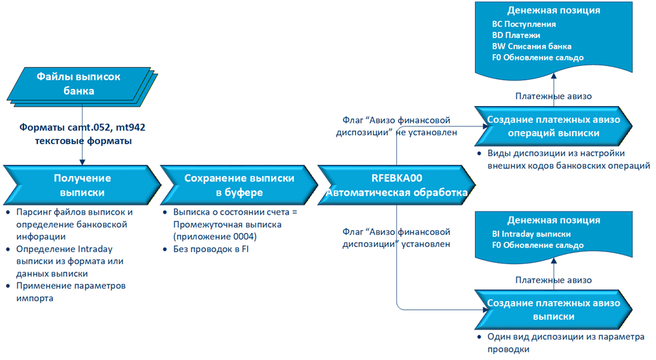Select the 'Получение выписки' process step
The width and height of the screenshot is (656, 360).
[x=81, y=185]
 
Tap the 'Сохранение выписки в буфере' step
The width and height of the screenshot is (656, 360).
[x=238, y=185]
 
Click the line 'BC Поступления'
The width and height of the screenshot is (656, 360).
[x=523, y=24]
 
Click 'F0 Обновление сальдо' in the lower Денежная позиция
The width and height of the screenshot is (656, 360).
[x=537, y=245]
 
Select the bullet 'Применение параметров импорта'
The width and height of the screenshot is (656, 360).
[x=70, y=291]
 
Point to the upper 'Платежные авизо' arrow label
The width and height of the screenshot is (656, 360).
[x=553, y=97]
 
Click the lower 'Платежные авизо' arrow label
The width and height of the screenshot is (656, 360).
[x=553, y=280]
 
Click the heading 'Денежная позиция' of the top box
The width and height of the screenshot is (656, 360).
[x=553, y=11]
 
